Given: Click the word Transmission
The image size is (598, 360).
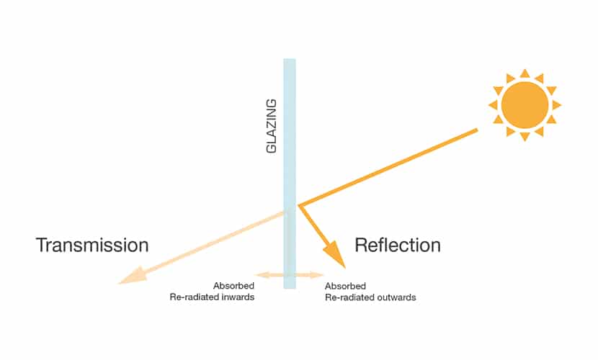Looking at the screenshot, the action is click(92, 245).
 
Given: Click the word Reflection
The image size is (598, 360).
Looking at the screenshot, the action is click(398, 245).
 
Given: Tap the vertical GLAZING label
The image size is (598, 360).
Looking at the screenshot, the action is click(271, 126).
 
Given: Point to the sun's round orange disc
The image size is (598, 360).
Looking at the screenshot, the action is click(525, 105).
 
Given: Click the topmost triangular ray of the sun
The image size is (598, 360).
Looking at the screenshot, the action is click(525, 73).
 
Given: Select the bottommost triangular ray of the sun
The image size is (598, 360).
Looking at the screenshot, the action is click(525, 136).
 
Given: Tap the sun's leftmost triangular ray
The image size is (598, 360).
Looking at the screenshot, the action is click(494, 105).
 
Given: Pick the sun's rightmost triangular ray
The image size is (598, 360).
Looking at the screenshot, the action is click(556, 105).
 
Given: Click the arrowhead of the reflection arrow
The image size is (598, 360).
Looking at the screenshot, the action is click(335, 254).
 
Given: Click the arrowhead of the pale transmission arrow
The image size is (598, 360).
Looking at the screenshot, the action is click(133, 276).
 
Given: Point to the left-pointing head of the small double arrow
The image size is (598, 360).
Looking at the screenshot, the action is click(262, 274).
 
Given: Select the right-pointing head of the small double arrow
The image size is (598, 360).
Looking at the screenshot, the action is click(317, 274).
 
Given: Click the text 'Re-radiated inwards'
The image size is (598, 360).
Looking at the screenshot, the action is click(212, 297).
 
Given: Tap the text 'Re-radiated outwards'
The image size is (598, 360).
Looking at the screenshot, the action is click(370, 297).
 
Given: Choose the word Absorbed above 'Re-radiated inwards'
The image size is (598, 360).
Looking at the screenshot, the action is click(233, 286).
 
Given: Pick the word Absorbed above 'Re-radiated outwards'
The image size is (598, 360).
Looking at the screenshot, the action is click(346, 286).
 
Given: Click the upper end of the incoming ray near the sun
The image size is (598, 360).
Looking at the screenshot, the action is click(477, 130).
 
